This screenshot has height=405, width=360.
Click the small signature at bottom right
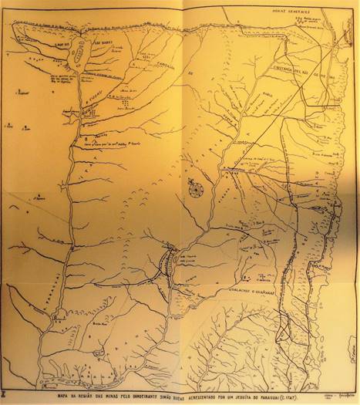pos(338,391)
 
